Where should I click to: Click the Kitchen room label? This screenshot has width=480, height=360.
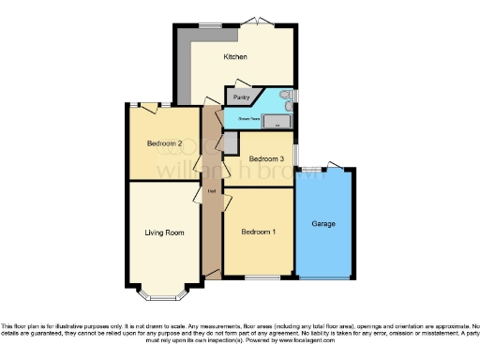(235, 58)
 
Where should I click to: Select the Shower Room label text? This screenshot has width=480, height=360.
(249, 120)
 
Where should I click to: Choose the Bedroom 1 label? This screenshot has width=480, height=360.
(258, 232)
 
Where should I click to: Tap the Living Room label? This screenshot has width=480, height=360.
(163, 232)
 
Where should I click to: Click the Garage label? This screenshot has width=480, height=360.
(323, 224)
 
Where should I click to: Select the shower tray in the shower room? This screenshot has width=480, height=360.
(277, 121)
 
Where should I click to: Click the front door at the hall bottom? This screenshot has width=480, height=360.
(212, 273)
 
